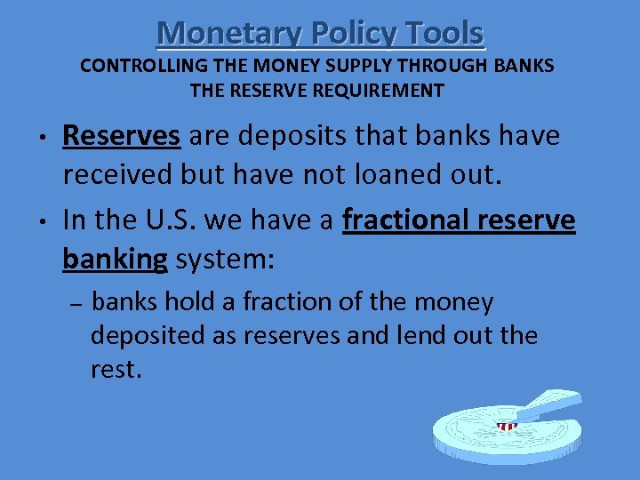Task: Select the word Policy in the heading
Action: coord(349,33)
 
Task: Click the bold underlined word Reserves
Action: coord(122,136)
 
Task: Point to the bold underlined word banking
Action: coord(115,260)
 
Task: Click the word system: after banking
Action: coord(226,260)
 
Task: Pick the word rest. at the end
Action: coord(116,369)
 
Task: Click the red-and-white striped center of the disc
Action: coord(507,427)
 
